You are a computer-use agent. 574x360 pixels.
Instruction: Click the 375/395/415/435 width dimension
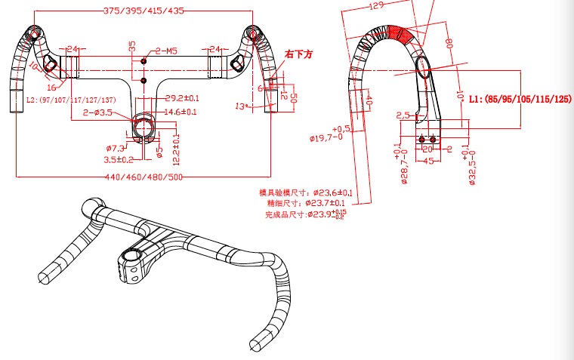[x=143, y=11]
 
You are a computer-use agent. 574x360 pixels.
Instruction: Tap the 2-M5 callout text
[x=165, y=51]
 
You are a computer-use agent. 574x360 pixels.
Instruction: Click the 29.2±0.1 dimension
[x=181, y=98]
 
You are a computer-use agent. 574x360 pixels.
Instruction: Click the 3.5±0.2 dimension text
[x=119, y=159]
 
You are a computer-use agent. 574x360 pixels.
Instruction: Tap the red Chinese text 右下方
[x=298, y=54]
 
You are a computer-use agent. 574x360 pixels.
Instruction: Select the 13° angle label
[x=242, y=106]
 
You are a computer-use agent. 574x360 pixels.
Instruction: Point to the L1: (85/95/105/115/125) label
[x=520, y=99]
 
